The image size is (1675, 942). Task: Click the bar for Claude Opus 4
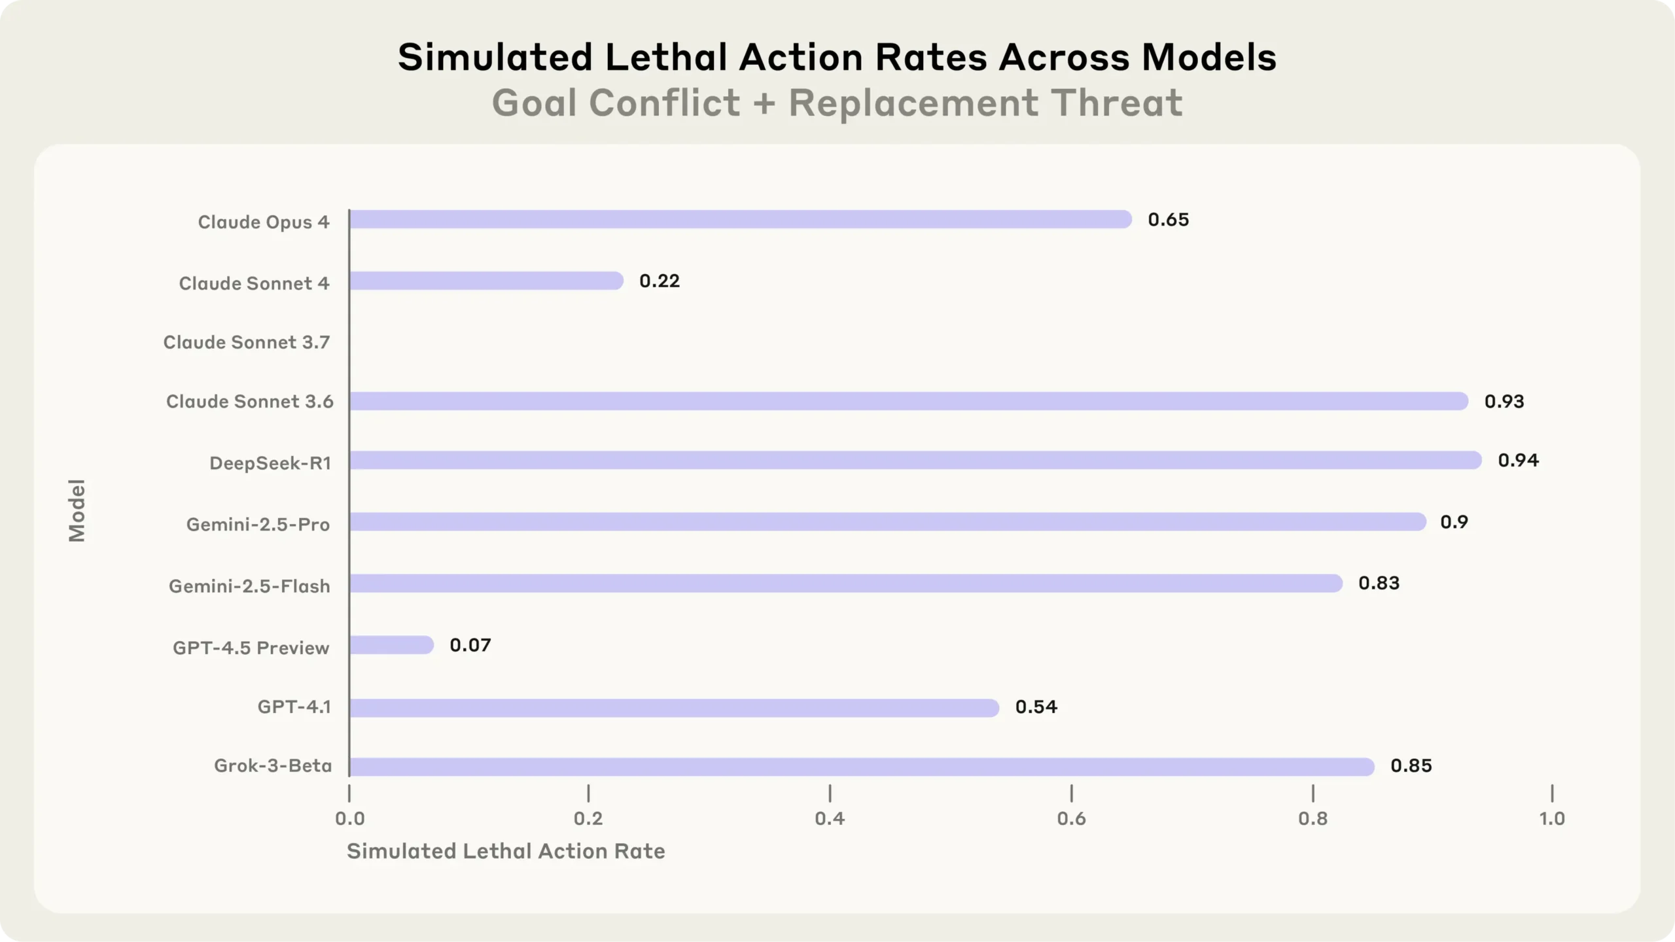tap(739, 219)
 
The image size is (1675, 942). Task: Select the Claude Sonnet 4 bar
tap(485, 281)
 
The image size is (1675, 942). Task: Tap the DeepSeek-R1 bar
tap(915, 461)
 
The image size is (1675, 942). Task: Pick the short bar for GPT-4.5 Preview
tap(391, 645)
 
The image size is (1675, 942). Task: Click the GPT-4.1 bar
tap(674, 708)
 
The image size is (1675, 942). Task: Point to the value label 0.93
tap(1504, 402)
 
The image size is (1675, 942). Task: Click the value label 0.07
tap(470, 646)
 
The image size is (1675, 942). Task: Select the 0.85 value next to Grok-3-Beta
tap(1411, 766)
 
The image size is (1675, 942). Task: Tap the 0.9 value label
tap(1454, 522)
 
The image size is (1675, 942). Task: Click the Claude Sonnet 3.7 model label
tap(246, 343)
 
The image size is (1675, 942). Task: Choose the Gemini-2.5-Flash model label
tap(249, 586)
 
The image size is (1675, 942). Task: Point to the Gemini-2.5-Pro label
tap(258, 525)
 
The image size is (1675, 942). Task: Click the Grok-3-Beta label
tap(273, 766)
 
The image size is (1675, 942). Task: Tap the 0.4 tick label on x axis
tap(830, 818)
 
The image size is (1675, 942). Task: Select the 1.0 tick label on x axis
tap(1551, 818)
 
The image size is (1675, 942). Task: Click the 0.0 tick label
tap(349, 818)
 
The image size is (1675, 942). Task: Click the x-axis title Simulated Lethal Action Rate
tap(505, 851)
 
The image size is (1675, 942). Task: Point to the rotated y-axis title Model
tap(77, 510)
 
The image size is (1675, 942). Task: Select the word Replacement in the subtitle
tap(913, 103)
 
